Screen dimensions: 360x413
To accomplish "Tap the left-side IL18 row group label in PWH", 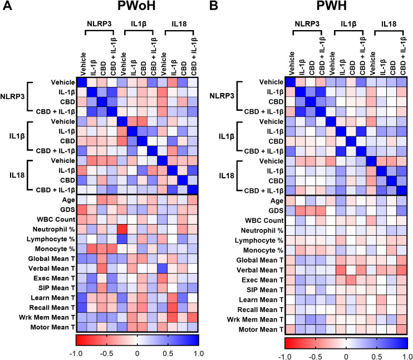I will tap(226, 176).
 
